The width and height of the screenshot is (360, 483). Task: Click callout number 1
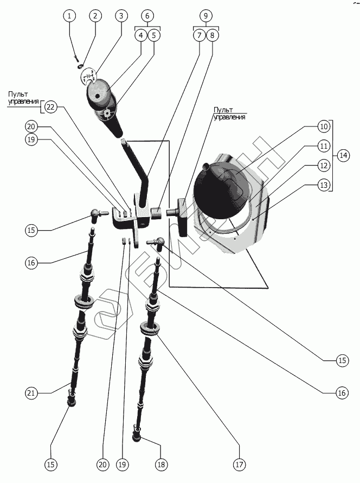pos(69,16)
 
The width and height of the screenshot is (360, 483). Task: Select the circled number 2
pos(95,16)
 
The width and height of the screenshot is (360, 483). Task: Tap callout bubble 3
pos(121,16)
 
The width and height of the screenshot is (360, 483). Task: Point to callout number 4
pos(140,36)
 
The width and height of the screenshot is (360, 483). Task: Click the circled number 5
pos(153,36)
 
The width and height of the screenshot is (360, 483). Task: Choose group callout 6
pos(147,16)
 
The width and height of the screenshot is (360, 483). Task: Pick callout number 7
pos(199,36)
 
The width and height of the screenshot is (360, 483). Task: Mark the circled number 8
pos(212,36)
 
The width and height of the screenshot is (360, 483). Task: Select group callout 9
pos(206,16)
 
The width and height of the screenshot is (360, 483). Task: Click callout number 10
pos(324,127)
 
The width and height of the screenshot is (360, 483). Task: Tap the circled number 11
pos(324,147)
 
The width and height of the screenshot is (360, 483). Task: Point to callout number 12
pos(324,166)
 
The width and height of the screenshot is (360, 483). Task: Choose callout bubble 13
pos(324,186)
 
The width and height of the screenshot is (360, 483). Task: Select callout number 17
pos(239,465)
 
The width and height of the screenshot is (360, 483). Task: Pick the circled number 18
pos(161,465)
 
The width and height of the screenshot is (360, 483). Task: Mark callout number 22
pos(50,107)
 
